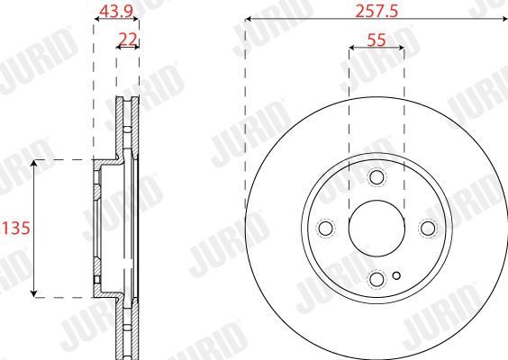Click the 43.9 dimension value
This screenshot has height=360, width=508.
(x=116, y=12)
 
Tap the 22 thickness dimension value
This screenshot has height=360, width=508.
(x=128, y=40)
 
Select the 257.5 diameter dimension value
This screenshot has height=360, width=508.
(x=376, y=12)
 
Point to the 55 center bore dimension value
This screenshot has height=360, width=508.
(x=376, y=40)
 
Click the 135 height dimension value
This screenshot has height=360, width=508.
(x=16, y=229)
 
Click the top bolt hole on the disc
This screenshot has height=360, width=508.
(x=376, y=176)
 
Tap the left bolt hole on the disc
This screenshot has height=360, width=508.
(x=325, y=228)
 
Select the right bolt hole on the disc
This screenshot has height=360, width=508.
(x=428, y=228)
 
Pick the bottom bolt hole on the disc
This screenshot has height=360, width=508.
(x=376, y=279)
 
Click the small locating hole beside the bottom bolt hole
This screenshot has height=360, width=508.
(x=396, y=275)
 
